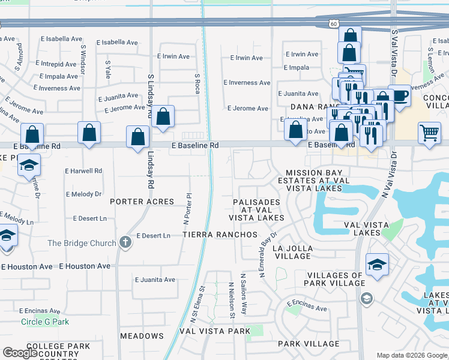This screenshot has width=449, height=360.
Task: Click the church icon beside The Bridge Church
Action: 125,242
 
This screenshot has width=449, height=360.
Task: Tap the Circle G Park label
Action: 45,322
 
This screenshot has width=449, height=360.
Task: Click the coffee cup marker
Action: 399,95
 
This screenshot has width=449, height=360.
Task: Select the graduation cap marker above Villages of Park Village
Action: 377,264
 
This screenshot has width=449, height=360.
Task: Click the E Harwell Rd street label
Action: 83,171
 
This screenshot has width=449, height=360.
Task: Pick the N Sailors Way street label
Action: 244,294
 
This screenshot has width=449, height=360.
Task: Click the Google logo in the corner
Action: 20,353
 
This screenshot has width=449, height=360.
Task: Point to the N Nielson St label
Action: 231,301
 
